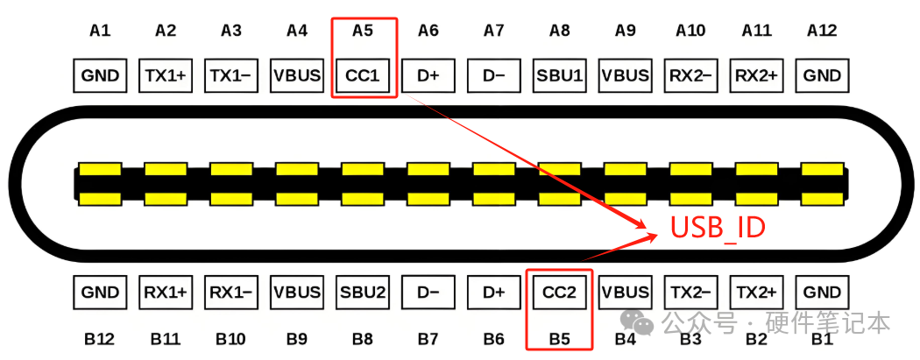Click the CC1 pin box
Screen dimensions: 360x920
pyautogui.click(x=362, y=76)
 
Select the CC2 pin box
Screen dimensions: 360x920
pyautogui.click(x=559, y=293)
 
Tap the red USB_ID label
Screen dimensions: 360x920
pyautogui.click(x=718, y=229)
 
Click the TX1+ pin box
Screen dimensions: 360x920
pyautogui.click(x=166, y=76)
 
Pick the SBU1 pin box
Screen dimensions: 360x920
pyautogui.click(x=559, y=76)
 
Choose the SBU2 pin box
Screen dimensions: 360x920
pyautogui.click(x=362, y=293)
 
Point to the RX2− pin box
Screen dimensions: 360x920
pyautogui.click(x=690, y=76)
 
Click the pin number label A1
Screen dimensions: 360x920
pyautogui.click(x=100, y=31)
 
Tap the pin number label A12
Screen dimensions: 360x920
pyautogui.click(x=822, y=31)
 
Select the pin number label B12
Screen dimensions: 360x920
pyautogui.click(x=100, y=337)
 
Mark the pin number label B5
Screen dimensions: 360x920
pyautogui.click(x=559, y=337)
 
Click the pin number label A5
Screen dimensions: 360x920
pyautogui.click(x=362, y=31)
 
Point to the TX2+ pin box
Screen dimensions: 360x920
pyautogui.click(x=756, y=293)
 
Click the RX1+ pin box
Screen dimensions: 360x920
pyautogui.click(x=166, y=293)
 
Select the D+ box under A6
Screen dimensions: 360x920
pyautogui.click(x=428, y=76)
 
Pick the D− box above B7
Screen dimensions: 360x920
pyautogui.click(x=428, y=293)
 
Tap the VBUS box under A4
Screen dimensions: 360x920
pyautogui.click(x=297, y=76)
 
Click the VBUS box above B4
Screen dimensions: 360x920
pyautogui.click(x=625, y=293)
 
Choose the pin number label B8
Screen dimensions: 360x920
pyautogui.click(x=362, y=337)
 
